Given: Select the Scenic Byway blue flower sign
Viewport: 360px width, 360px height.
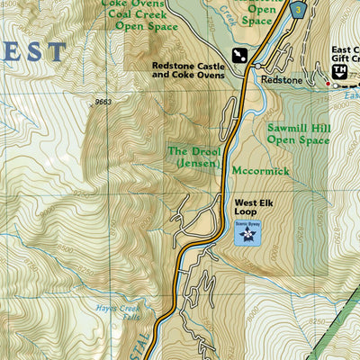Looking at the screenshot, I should pyautogui.click(x=246, y=233).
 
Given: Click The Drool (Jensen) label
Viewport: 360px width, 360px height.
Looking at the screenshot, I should pyautogui.click(x=194, y=157).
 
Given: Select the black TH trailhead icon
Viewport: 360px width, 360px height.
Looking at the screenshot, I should pyautogui.click(x=340, y=71).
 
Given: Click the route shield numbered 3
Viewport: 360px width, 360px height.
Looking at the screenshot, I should pyautogui.click(x=298, y=7).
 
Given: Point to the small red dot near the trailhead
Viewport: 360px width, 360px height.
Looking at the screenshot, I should pyautogui.click(x=328, y=85).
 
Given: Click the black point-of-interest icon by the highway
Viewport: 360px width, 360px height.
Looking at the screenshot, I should pyautogui.click(x=240, y=55).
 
